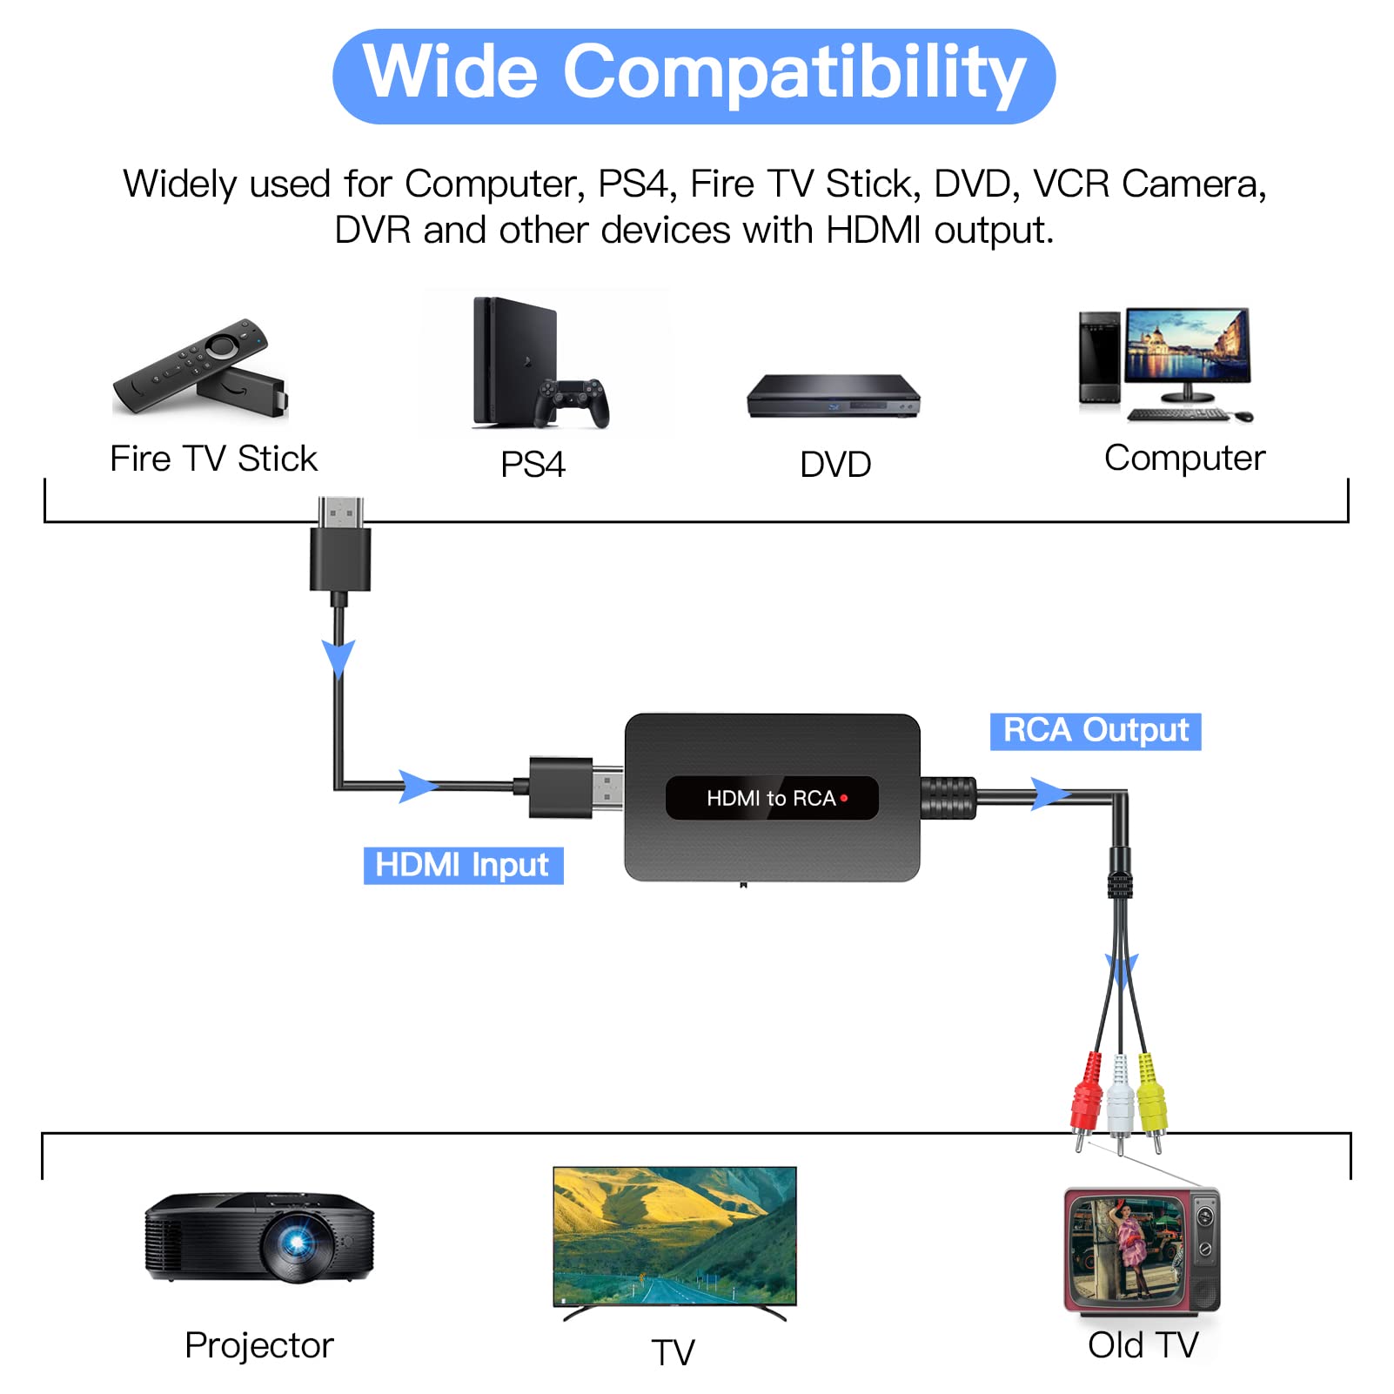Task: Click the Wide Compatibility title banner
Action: tap(694, 77)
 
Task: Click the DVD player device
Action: tap(834, 397)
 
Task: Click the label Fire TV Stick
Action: tap(214, 459)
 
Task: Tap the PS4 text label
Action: tap(533, 464)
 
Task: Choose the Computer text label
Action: tap(1184, 459)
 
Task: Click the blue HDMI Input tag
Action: tap(463, 865)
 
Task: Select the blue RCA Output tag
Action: tap(1096, 731)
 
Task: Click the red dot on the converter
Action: tap(844, 798)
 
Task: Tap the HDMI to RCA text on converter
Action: tap(771, 798)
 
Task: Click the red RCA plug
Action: tap(1086, 1098)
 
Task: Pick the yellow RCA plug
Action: tap(1150, 1098)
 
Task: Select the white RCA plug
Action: tap(1119, 1101)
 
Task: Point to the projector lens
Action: tap(297, 1243)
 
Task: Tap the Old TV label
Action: tap(1143, 1345)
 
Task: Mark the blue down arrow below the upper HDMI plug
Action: tap(338, 659)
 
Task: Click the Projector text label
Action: tap(259, 1346)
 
